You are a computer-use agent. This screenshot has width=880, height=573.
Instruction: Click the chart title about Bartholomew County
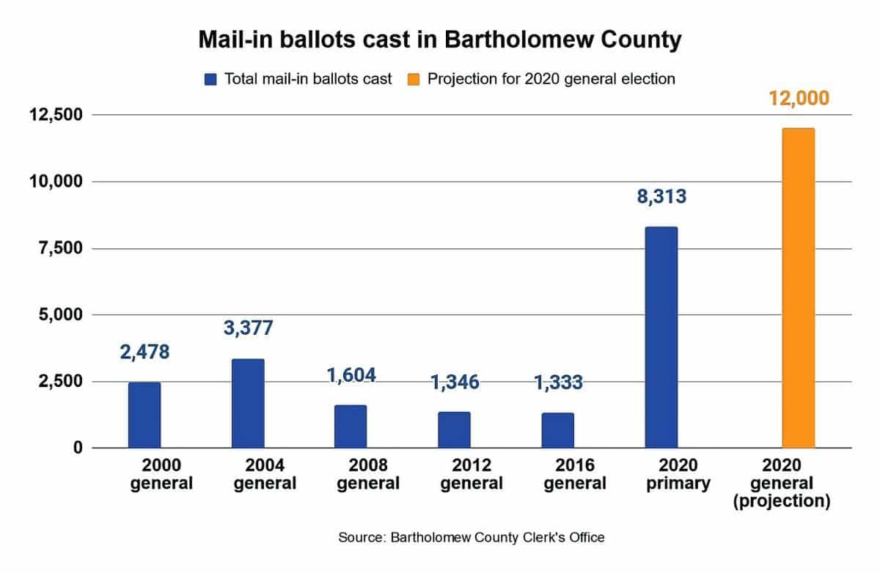tap(440, 40)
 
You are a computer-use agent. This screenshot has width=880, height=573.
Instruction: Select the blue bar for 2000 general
tap(144, 415)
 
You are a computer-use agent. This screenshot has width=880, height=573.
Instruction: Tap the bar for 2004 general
tap(248, 403)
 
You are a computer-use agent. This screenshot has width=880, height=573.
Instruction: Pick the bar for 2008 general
tap(351, 426)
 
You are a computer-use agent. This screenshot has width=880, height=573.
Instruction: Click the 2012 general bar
tap(454, 429)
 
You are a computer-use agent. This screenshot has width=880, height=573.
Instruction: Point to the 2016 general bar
tap(557, 430)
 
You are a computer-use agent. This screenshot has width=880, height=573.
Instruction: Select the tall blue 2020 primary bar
tap(661, 337)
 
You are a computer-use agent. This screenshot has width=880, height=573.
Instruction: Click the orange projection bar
tap(798, 288)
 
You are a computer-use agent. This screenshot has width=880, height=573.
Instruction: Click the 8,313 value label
tap(661, 196)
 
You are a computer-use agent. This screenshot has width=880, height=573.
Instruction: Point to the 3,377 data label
tap(248, 327)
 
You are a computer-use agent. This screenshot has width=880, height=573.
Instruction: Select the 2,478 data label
tap(144, 352)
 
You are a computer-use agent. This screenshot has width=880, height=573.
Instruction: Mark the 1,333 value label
tap(557, 382)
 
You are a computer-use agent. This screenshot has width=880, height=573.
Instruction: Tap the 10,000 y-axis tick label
tap(57, 182)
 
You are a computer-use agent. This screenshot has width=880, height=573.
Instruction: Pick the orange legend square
tap(414, 79)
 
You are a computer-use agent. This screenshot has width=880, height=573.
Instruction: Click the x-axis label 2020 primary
tap(678, 474)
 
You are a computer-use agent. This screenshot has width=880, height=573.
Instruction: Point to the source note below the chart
tap(472, 538)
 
